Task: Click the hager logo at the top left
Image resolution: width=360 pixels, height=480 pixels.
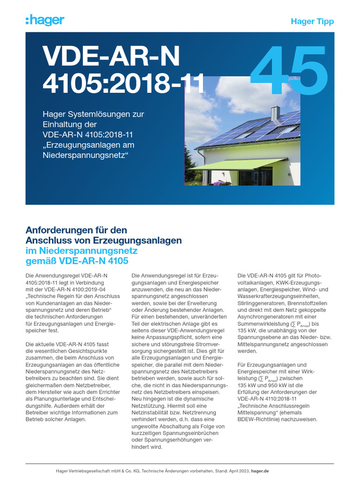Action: [x=45, y=20]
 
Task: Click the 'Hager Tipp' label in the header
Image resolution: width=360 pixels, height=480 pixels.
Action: [x=312, y=22]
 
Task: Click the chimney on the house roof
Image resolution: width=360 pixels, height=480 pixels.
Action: [x=275, y=113]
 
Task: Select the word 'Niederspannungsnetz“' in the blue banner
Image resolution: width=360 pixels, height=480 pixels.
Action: [x=85, y=155]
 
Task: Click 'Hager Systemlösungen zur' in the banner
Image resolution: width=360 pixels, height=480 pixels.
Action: [x=93, y=114]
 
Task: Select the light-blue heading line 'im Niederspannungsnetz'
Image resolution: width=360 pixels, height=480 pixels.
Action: [x=81, y=251]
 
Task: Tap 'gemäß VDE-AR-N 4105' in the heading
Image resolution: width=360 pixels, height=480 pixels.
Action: [x=77, y=261]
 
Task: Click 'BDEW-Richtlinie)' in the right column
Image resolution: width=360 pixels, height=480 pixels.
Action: [x=260, y=420]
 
